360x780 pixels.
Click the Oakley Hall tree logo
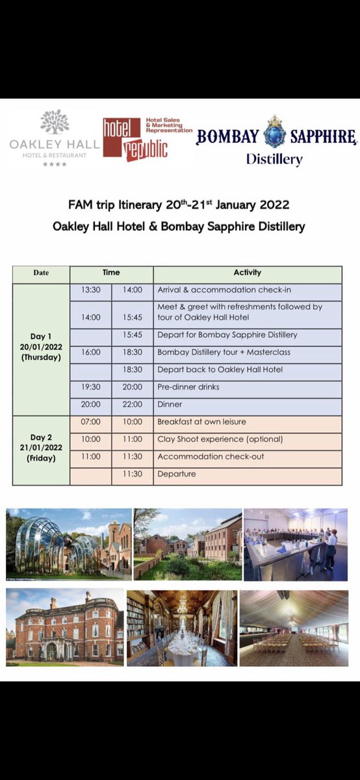55,123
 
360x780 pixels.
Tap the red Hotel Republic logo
135,138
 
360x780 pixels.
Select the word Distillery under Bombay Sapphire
274,159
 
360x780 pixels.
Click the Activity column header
247,273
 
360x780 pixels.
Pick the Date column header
41,273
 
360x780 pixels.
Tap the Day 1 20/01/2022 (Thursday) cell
41,347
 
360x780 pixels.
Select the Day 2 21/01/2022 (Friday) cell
41,447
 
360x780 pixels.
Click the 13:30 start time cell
91,290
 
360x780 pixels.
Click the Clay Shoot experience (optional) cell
220,439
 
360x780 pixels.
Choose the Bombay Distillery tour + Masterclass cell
224,352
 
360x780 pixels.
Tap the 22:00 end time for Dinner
132,404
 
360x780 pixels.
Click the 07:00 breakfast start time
91,422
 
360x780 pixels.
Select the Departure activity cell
176,474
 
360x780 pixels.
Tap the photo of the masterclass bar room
295,544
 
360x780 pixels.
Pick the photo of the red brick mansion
64,627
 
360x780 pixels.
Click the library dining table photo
181,628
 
